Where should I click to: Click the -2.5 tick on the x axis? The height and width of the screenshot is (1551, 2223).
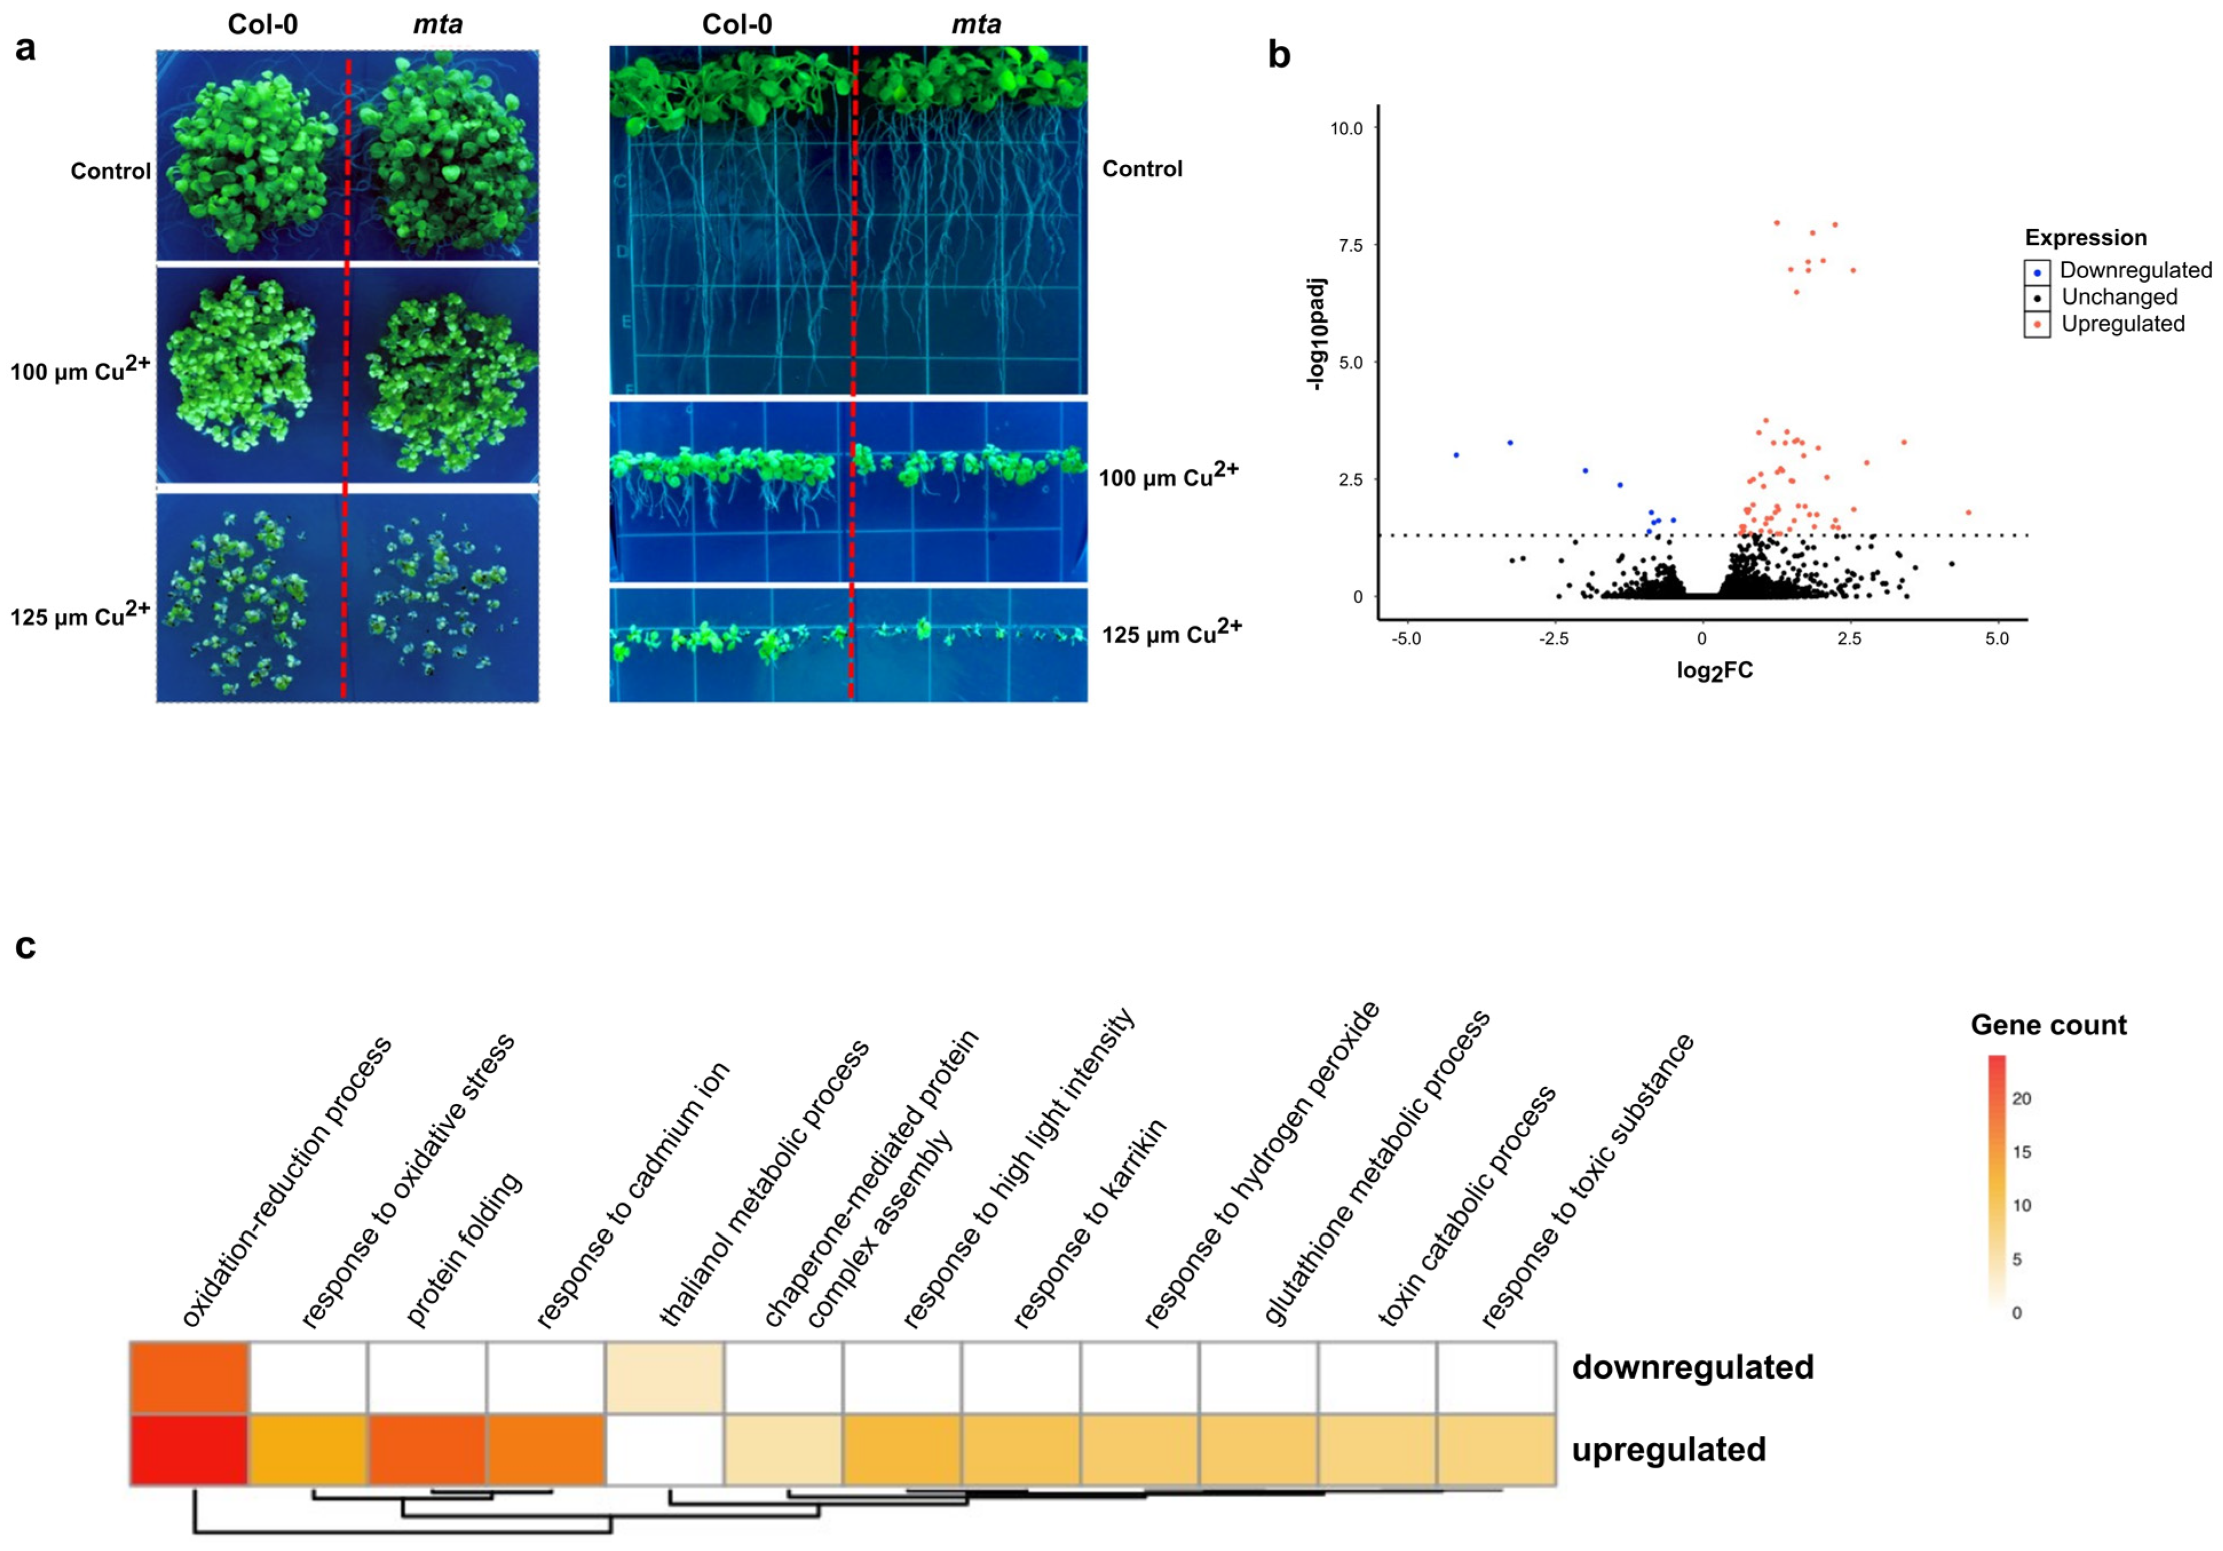point(1554,639)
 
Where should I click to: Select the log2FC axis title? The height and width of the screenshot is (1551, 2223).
point(1715,670)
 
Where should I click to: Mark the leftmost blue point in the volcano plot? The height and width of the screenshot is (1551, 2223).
point(1456,455)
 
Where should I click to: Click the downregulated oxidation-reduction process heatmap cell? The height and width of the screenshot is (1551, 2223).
point(190,1377)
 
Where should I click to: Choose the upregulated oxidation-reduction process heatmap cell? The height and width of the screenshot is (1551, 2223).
point(190,1449)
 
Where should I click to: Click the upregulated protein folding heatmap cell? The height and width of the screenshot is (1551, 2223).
point(427,1449)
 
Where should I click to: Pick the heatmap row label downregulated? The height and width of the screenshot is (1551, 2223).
point(1692,1367)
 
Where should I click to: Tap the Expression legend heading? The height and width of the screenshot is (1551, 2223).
point(2086,237)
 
